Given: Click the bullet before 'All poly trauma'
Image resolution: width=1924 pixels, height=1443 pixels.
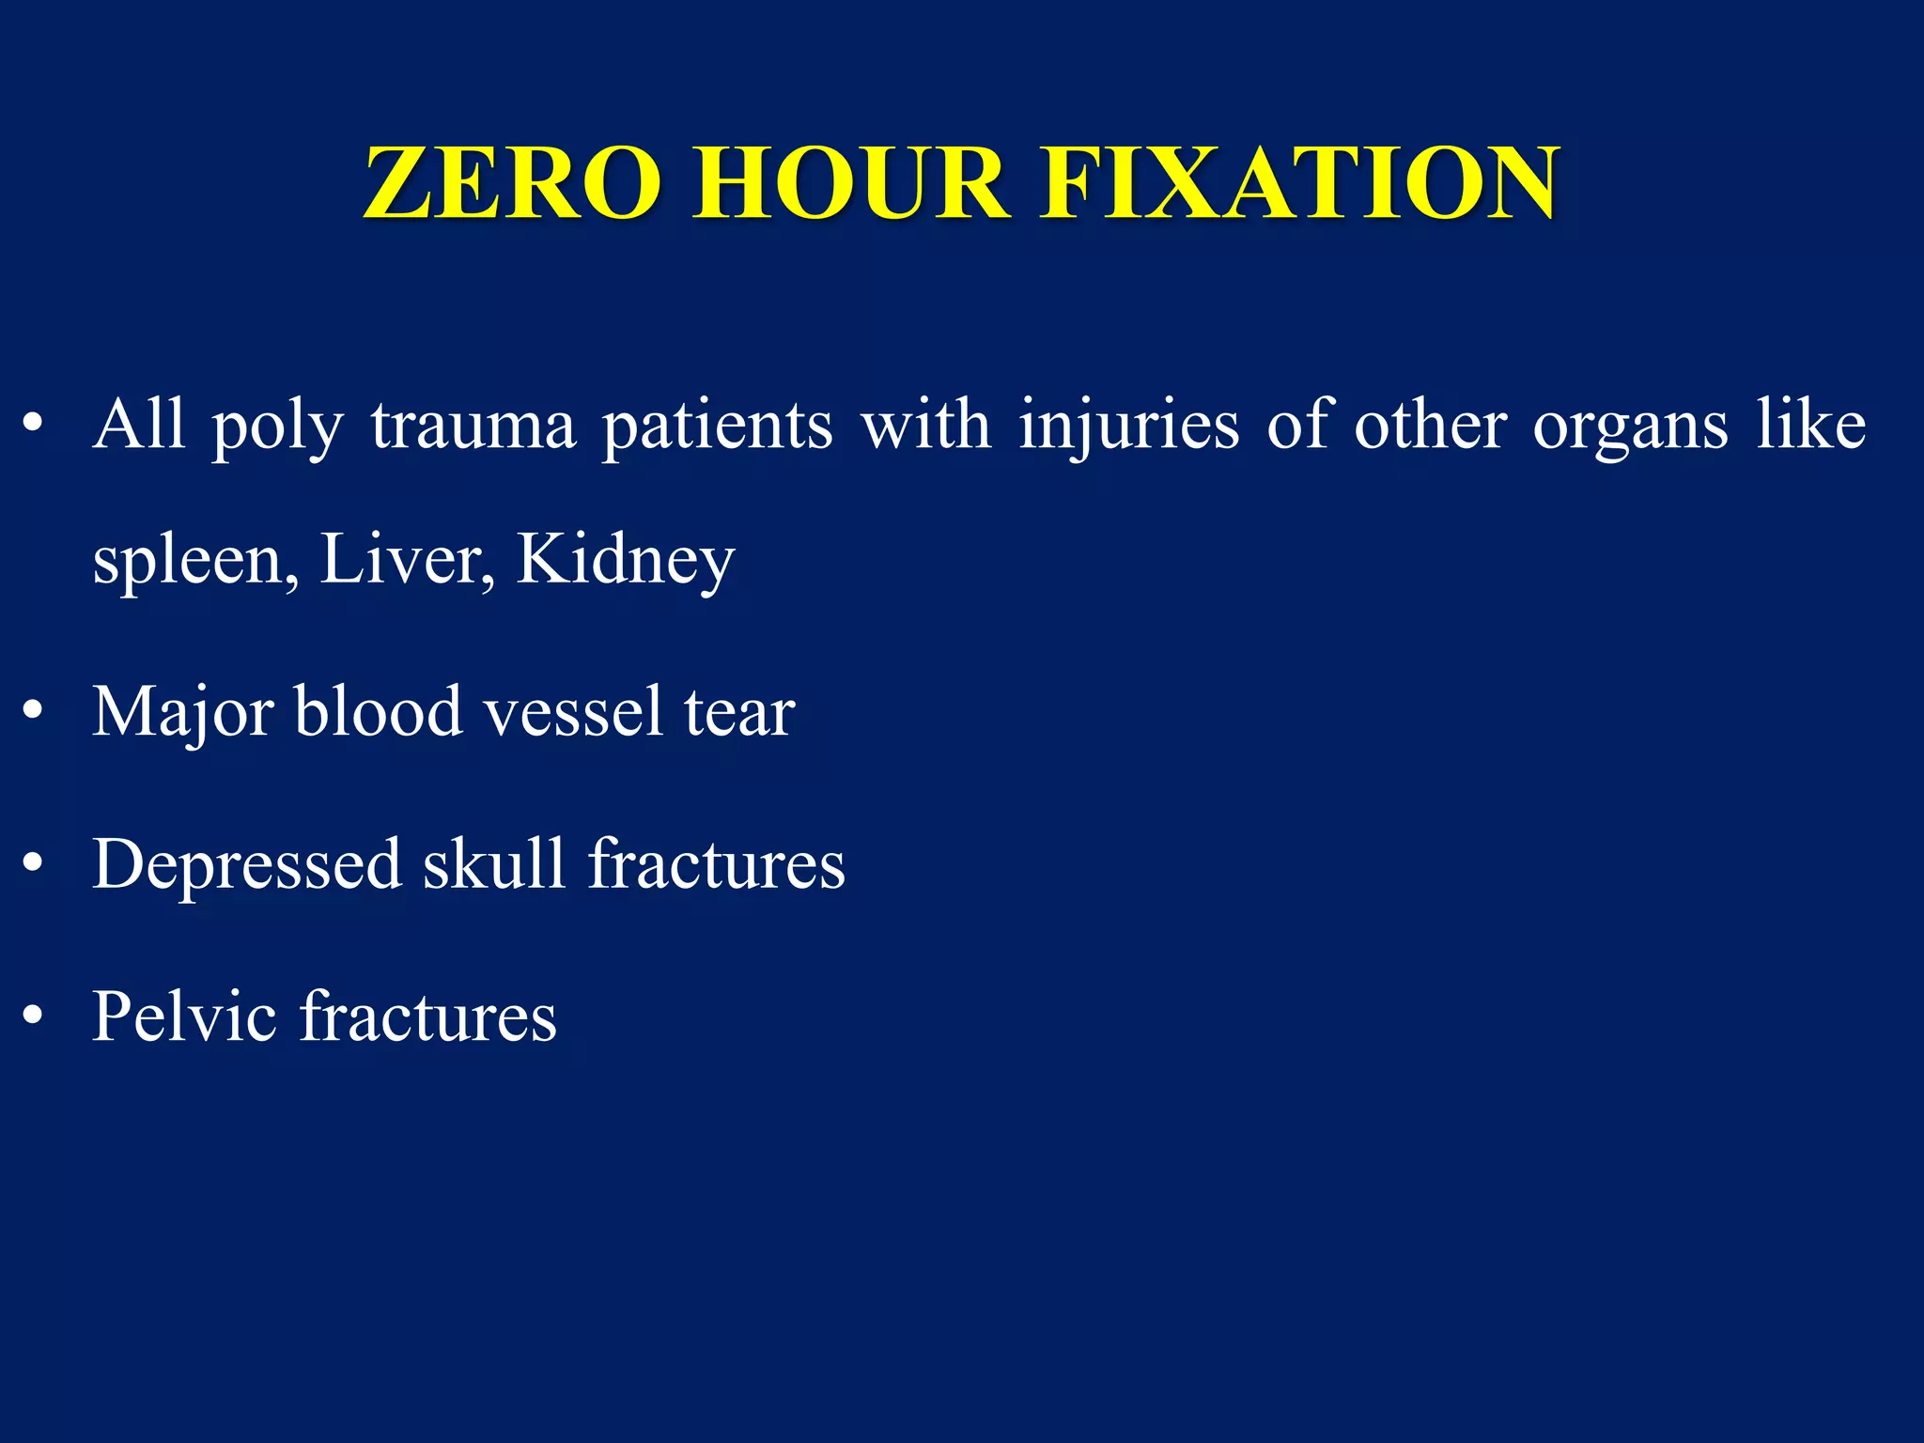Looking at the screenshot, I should click(x=34, y=426).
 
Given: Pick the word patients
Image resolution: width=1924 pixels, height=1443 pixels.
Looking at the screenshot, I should click(x=718, y=426).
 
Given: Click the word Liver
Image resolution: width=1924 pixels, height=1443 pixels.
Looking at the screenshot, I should click(x=407, y=559).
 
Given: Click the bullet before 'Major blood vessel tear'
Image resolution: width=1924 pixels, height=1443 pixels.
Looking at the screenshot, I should click(x=34, y=712).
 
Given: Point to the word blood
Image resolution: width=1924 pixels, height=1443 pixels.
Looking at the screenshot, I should click(x=379, y=711).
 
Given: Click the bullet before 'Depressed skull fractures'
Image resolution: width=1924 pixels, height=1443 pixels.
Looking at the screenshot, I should click(x=34, y=864).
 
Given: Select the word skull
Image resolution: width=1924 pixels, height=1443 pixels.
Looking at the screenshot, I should click(x=494, y=863).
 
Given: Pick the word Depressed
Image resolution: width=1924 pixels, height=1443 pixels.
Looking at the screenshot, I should click(x=247, y=865).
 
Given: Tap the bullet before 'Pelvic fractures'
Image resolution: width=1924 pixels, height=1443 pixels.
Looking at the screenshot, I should click(x=34, y=1016).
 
